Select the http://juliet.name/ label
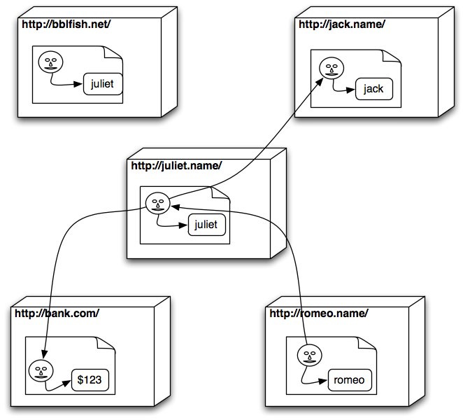pos(176,166)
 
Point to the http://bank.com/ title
pos(54,313)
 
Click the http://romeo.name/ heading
pos(318,313)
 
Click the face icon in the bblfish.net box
pos(49,62)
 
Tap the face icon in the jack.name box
pos(329,68)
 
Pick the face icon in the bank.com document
pos(40,368)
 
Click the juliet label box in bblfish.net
pos(102,85)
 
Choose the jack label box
pos(373,90)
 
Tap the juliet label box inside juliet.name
pos(207,225)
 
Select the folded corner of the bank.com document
pos(111,344)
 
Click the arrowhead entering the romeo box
pos(325,381)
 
